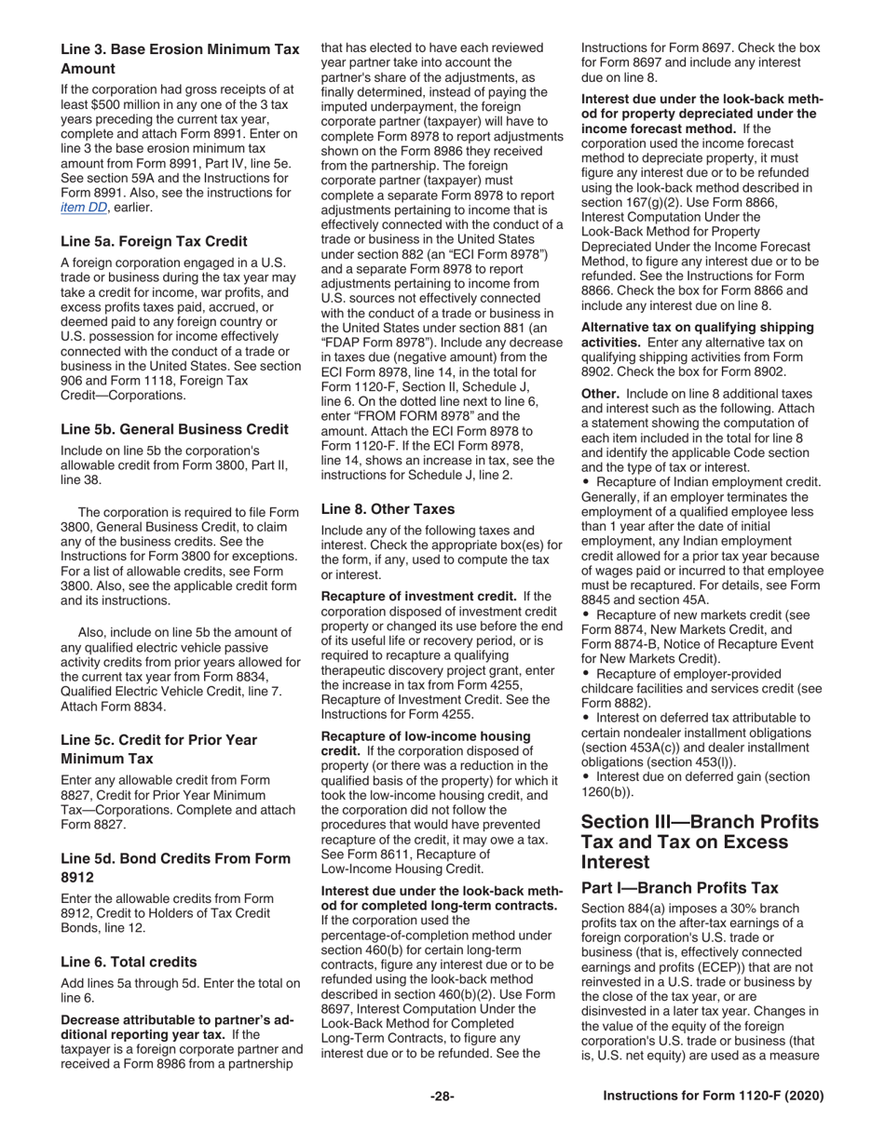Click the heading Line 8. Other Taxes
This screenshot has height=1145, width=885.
tap(388, 509)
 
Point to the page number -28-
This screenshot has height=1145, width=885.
tap(442, 1097)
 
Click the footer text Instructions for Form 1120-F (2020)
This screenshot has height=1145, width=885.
tap(714, 1097)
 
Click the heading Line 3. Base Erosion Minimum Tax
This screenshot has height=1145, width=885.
tap(180, 49)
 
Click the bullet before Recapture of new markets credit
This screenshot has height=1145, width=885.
tap(586, 615)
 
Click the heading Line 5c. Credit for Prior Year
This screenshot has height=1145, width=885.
tap(158, 740)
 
